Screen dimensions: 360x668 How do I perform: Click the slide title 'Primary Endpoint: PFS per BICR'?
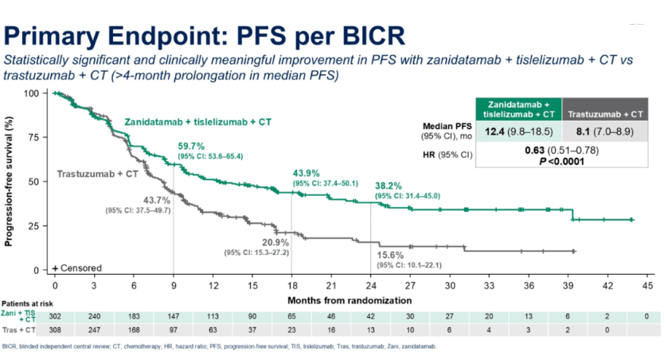pyautogui.click(x=205, y=35)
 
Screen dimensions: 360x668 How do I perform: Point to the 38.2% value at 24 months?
pyautogui.click(x=389, y=186)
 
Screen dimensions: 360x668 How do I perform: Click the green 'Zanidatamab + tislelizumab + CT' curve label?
pyautogui.click(x=197, y=122)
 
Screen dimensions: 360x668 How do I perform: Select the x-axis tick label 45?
pyautogui.click(x=648, y=284)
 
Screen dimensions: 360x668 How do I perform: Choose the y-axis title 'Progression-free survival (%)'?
pyautogui.click(x=10, y=182)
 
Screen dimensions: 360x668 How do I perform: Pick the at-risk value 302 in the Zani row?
pyautogui.click(x=55, y=315)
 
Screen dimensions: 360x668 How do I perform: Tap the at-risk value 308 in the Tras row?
pyautogui.click(x=55, y=328)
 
